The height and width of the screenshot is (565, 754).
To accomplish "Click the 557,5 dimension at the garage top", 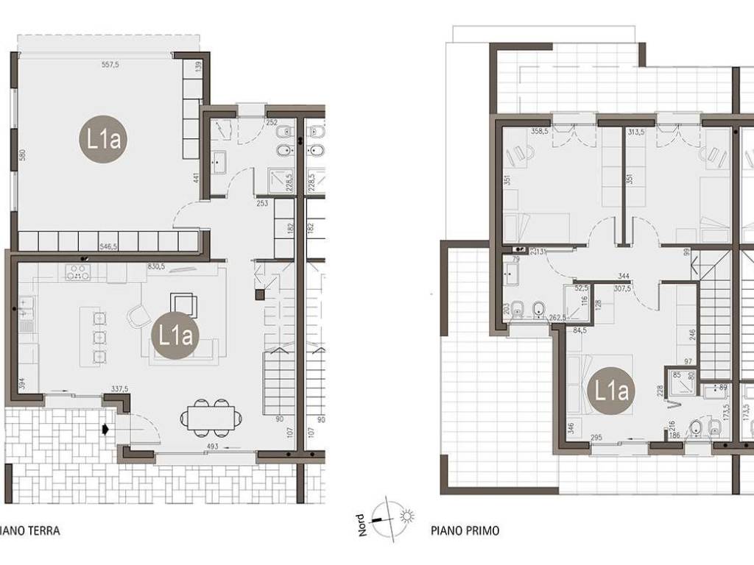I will tap(110, 65).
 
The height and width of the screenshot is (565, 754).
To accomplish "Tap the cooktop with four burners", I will tap(77, 273).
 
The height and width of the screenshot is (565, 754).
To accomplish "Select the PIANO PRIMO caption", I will tap(465, 530).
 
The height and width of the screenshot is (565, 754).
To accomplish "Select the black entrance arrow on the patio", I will tap(108, 429).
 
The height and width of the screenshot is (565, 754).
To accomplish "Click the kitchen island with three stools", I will tap(96, 338).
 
